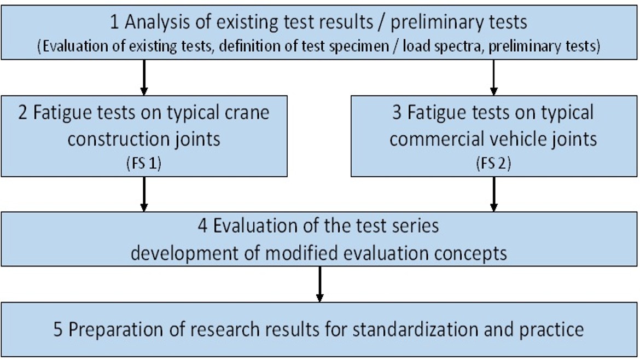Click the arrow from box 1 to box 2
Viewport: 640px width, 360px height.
point(144,78)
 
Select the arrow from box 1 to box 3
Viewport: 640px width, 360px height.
point(493,78)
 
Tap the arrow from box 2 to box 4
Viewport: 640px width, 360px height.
point(144,194)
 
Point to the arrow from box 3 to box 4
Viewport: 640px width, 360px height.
point(493,194)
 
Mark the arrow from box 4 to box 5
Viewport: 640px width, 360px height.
point(319,284)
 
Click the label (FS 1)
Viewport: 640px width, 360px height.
point(144,163)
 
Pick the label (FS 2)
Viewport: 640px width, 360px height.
point(493,163)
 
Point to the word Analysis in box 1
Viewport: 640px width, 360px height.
point(157,22)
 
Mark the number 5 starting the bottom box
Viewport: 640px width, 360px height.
point(58,329)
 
